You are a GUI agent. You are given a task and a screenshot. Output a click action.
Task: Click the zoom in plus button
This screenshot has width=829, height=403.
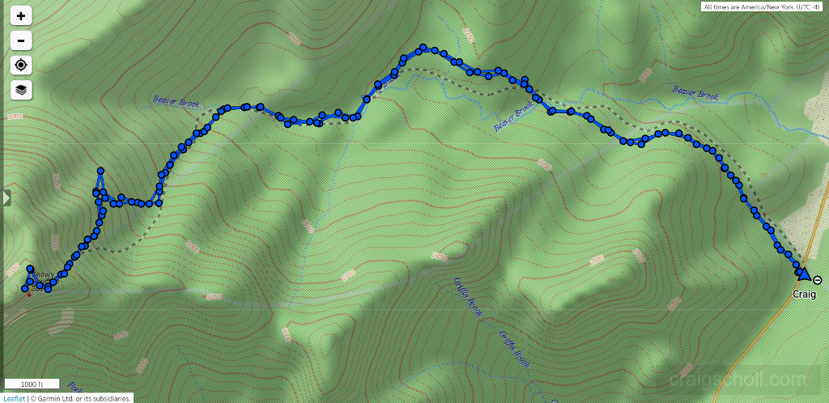21,15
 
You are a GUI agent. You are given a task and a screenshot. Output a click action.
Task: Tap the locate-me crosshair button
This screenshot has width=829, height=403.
21,66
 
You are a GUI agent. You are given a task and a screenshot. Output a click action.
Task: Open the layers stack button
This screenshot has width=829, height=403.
21,90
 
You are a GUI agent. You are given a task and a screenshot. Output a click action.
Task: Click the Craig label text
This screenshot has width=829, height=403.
804,295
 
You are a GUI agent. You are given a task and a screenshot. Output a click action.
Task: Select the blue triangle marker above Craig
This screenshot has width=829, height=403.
804,274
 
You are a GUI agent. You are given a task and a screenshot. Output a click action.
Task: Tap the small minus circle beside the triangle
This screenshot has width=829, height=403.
818,280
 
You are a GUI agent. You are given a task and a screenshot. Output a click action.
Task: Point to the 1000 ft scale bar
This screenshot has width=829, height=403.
32,384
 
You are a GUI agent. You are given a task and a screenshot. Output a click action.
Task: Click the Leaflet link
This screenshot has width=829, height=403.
14,398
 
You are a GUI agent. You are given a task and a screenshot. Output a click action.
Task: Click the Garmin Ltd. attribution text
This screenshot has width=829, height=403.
82,398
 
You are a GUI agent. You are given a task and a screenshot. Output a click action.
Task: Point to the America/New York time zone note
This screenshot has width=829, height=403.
763,7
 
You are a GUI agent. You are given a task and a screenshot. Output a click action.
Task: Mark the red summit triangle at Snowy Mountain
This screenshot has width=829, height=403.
29,294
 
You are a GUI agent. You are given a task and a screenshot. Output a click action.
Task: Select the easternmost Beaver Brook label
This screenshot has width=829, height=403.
695,95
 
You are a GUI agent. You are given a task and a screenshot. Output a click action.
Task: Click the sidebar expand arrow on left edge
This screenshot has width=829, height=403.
6,197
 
